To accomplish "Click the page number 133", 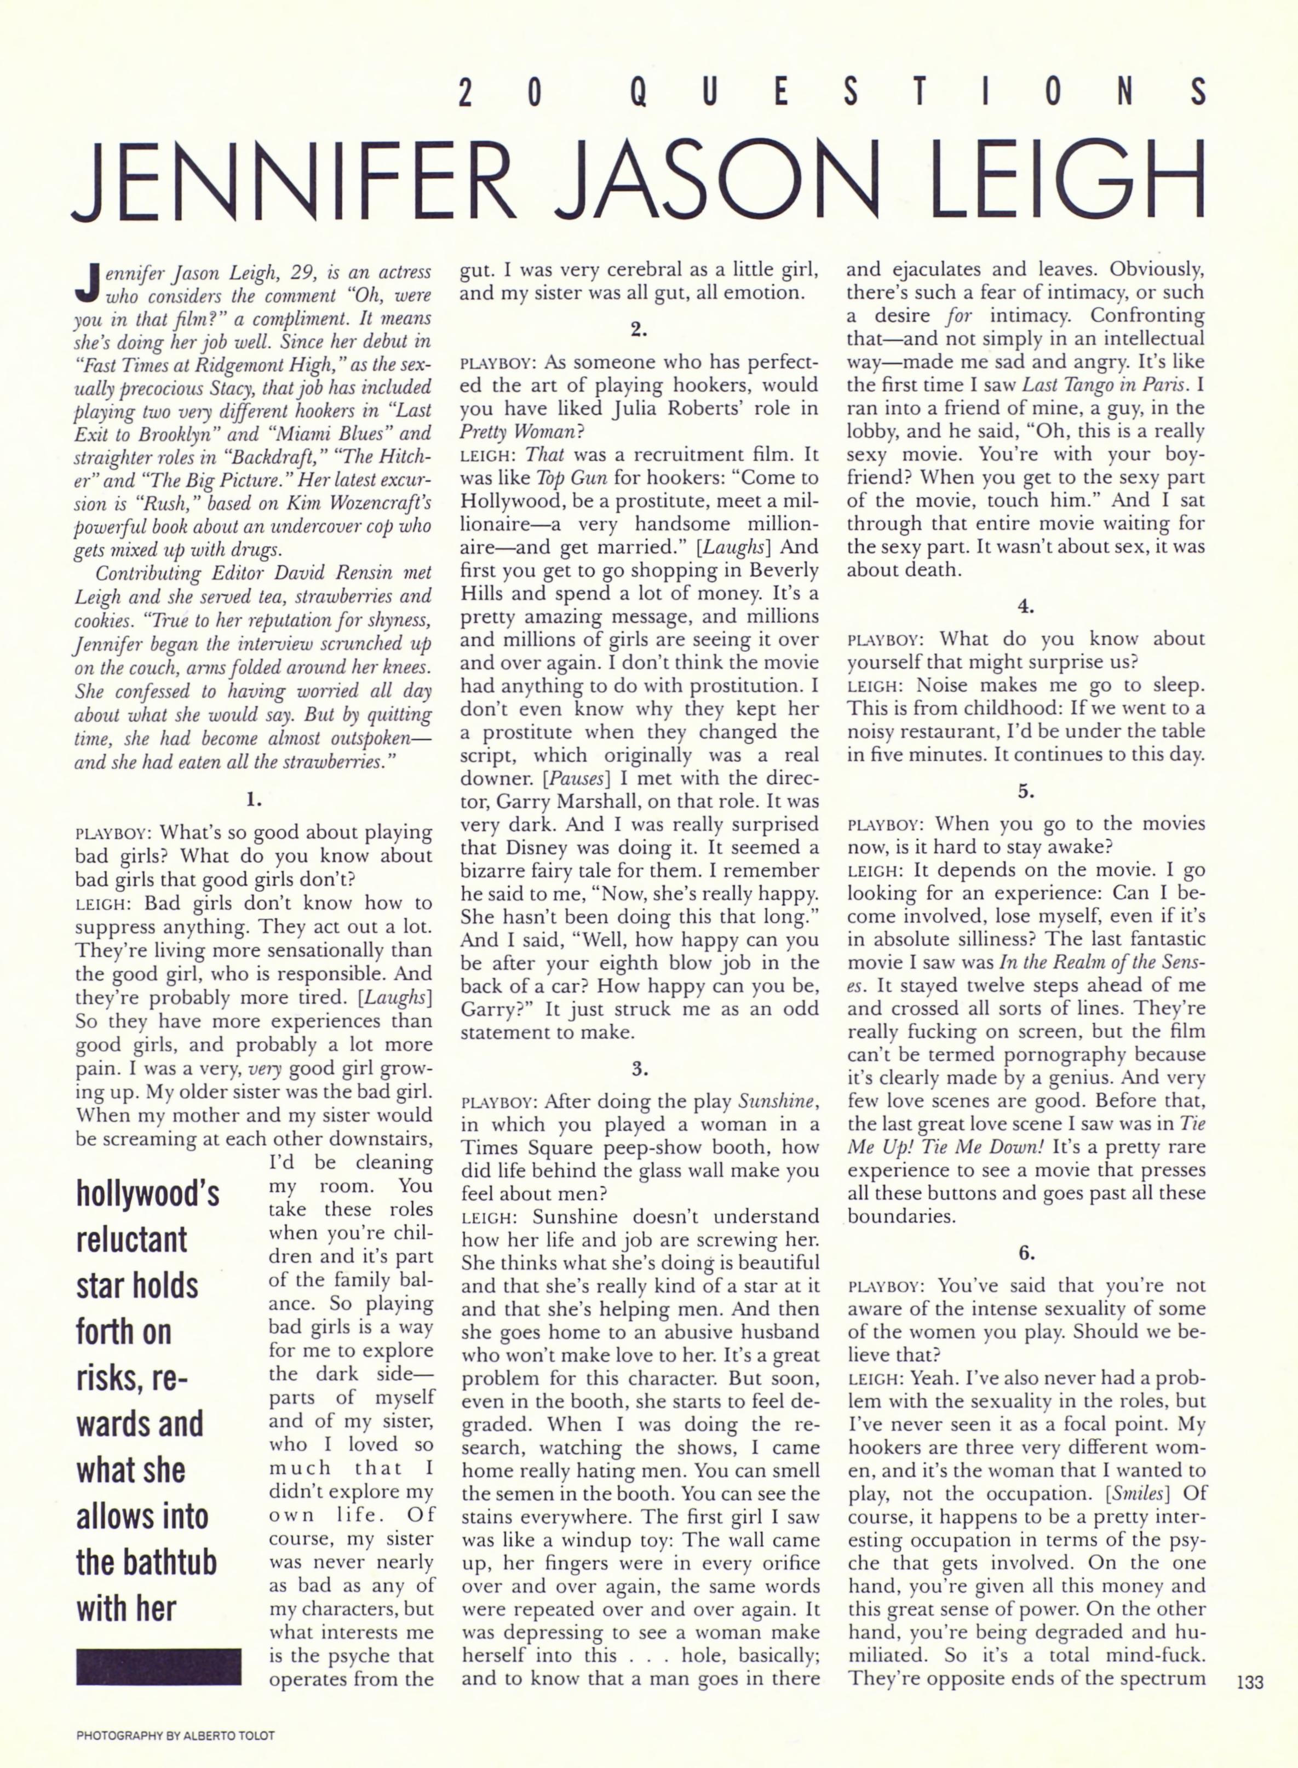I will click(1249, 1683).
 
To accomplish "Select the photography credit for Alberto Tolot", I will click(175, 1735).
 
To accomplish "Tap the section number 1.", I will click(253, 800).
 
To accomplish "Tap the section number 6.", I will click(1027, 1253).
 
